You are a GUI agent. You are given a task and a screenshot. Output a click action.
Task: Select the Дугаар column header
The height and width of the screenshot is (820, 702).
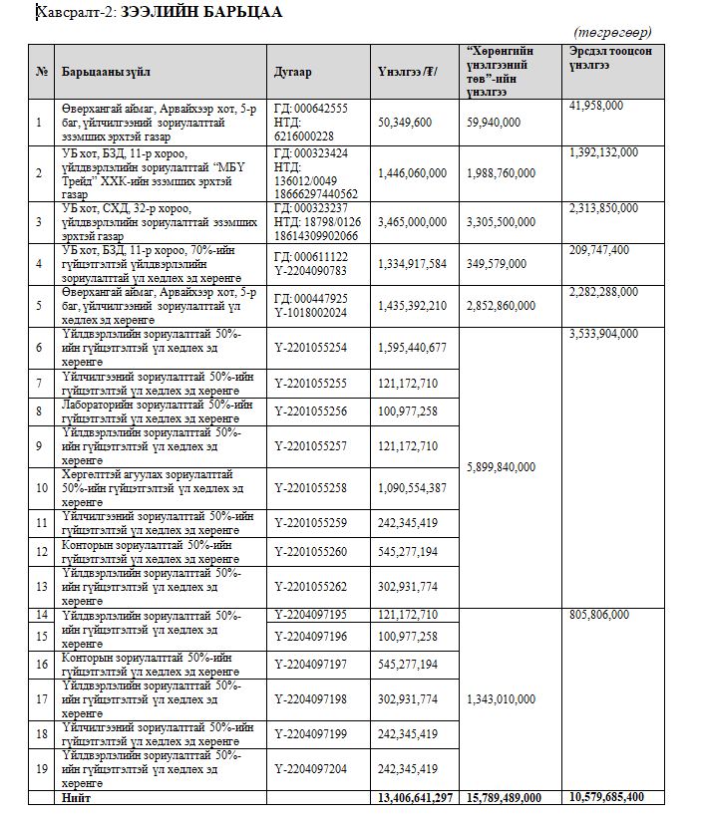coord(293,72)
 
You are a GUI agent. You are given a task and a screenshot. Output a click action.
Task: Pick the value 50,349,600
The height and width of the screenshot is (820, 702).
coord(405,122)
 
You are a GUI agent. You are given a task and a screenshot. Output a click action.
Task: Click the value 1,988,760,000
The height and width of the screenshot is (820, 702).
coord(507,172)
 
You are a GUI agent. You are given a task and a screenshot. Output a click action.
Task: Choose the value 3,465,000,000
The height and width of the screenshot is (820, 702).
coord(413,221)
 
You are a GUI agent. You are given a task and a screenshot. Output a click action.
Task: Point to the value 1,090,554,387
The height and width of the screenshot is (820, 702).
coord(413,487)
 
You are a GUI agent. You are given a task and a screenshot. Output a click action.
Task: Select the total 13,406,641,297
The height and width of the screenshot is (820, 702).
coord(416,798)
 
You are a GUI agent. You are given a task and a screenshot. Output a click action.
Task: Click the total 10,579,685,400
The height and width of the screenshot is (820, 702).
coord(618,798)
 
